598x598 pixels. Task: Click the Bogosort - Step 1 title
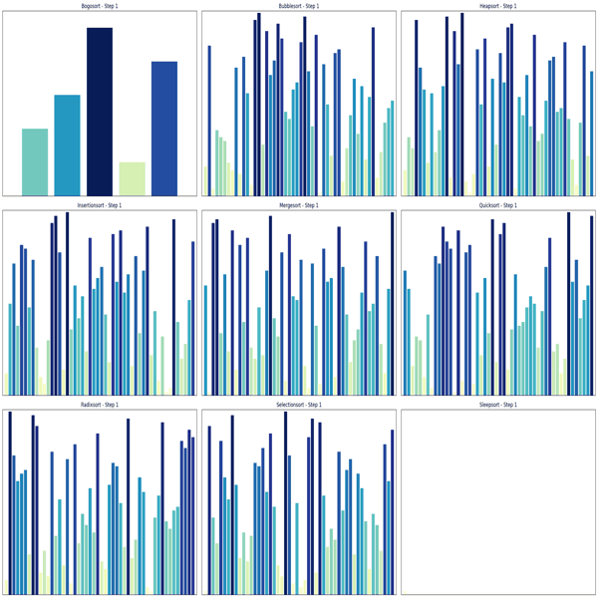point(100,6)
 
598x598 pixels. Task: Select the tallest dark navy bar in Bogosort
point(100,110)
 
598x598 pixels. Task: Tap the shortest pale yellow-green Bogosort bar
point(132,178)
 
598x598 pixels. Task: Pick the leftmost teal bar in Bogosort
point(35,161)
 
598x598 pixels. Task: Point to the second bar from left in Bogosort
point(67,145)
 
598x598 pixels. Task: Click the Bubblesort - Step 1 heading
point(299,6)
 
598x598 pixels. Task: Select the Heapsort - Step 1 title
point(498,6)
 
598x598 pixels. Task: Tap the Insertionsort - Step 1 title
point(100,205)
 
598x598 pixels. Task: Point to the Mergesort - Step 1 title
point(299,205)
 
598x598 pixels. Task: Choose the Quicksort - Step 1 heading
point(498,205)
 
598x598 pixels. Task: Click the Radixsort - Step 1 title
point(100,405)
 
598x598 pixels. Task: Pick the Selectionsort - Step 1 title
point(299,405)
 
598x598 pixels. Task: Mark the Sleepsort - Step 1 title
point(498,405)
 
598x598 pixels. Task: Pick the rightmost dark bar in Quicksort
point(591,305)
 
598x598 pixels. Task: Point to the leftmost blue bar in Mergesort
point(206,340)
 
